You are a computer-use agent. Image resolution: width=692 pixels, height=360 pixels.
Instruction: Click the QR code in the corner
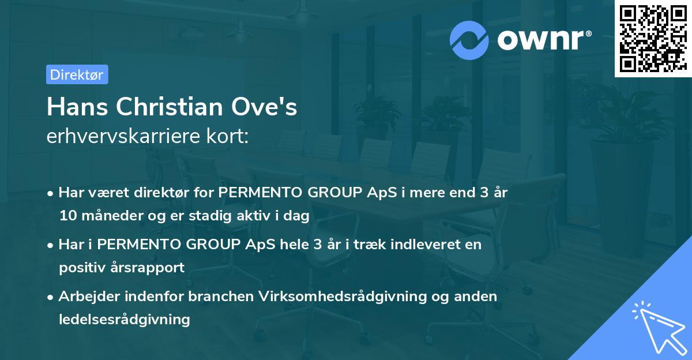pos(653,39)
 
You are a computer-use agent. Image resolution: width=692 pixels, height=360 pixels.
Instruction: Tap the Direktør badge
pos(77,74)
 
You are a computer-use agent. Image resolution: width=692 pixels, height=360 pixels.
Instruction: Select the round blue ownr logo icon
pos(469,40)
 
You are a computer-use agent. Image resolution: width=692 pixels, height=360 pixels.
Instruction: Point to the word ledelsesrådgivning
pos(125,319)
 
